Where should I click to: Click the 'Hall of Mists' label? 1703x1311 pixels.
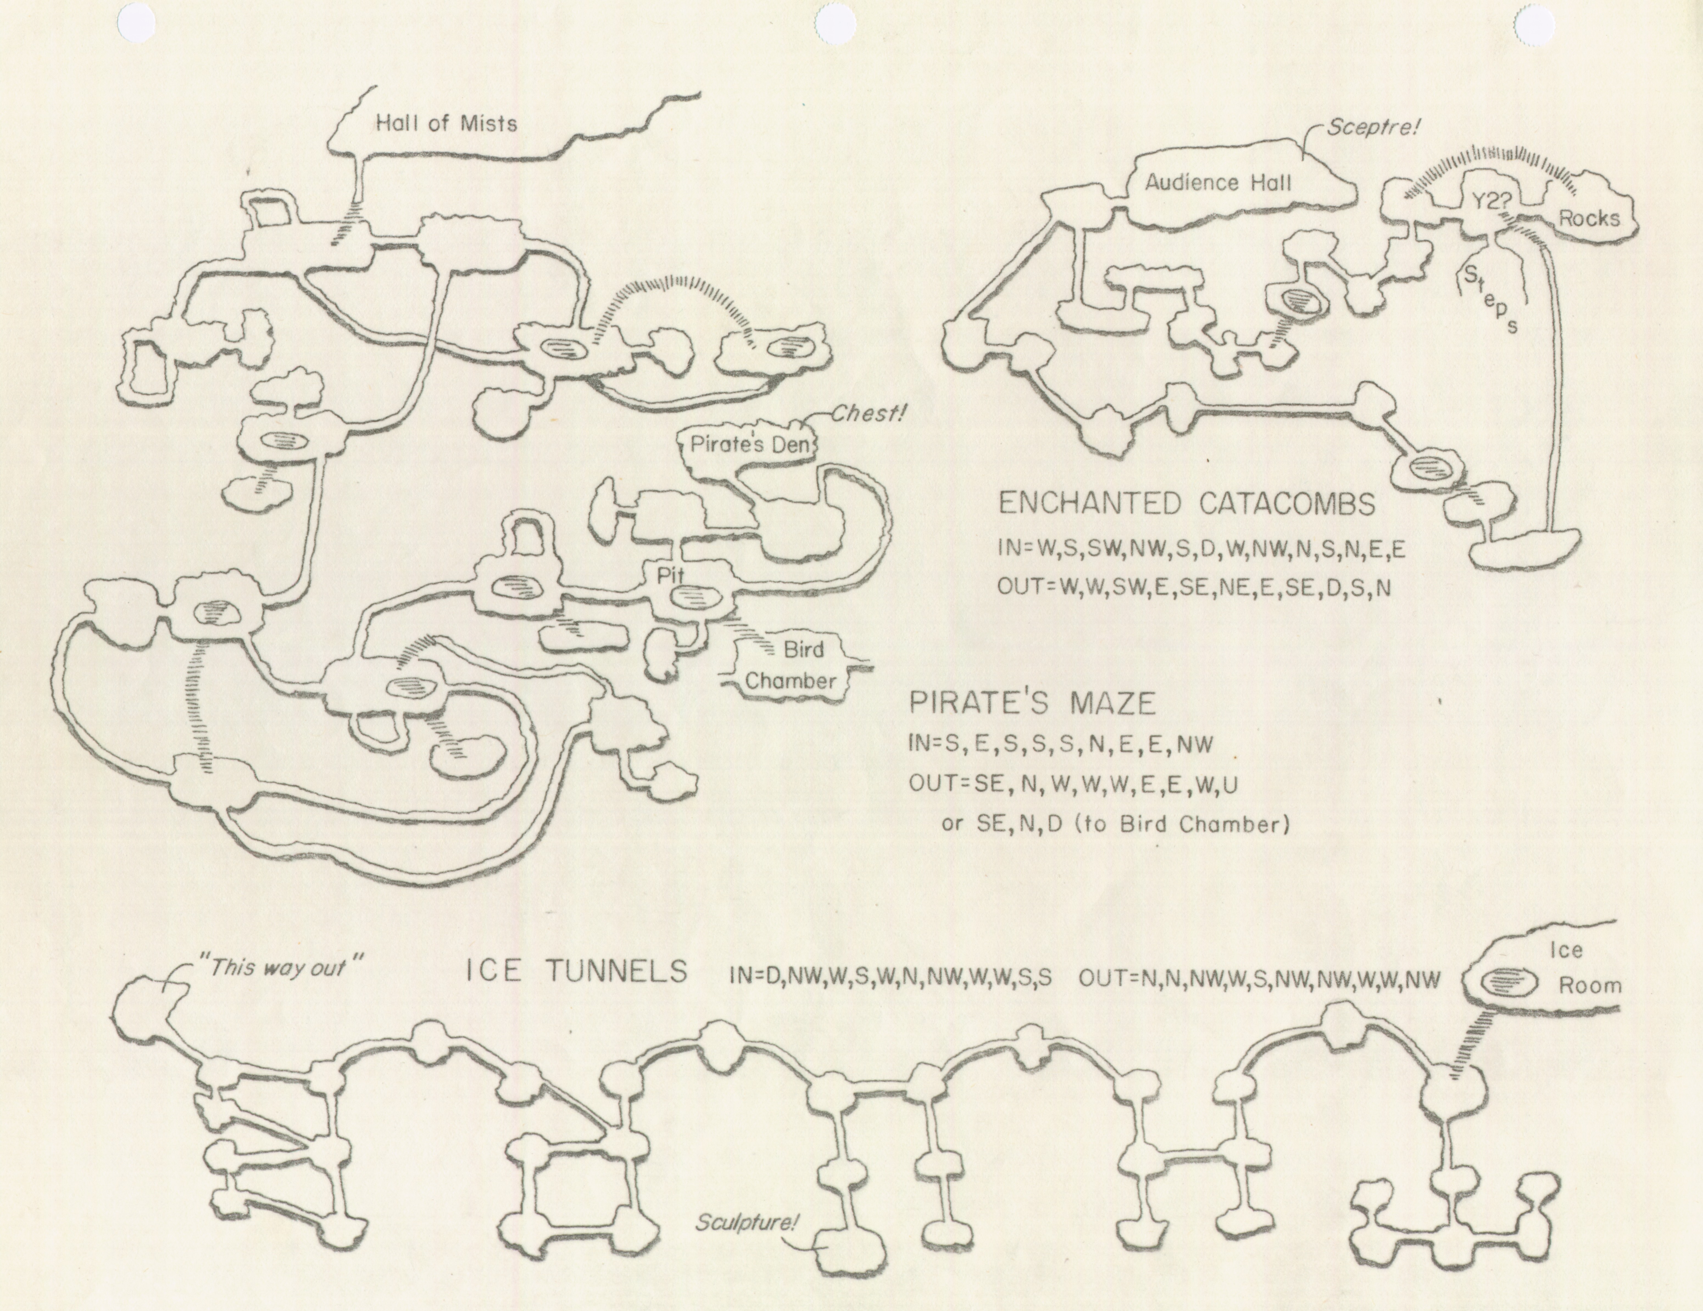tap(446, 123)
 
